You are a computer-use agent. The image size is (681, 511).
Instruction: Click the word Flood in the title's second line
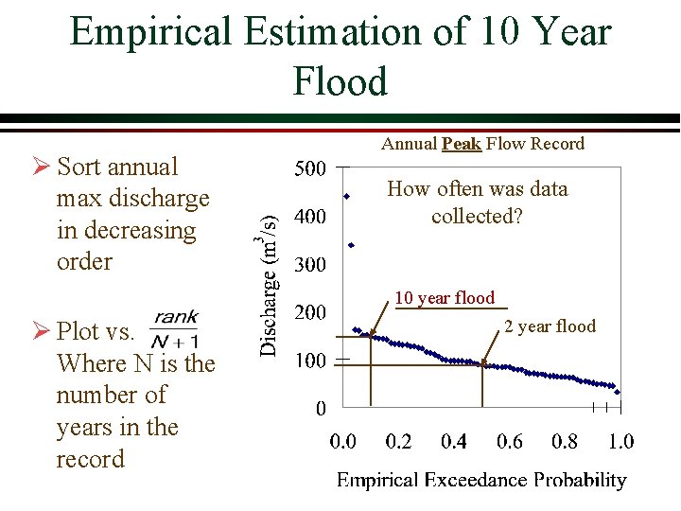tap(340, 81)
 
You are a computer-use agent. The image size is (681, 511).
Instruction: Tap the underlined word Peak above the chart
tap(461, 144)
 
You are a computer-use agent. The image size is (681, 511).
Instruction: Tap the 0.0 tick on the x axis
tap(342, 441)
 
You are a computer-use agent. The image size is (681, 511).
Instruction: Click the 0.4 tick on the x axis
tap(454, 441)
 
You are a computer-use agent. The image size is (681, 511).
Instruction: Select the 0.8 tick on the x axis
tap(565, 441)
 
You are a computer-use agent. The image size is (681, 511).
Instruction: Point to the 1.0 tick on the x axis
tap(620, 441)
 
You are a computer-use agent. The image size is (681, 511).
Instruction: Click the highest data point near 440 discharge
tap(347, 196)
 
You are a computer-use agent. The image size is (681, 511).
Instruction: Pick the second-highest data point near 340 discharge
tap(351, 245)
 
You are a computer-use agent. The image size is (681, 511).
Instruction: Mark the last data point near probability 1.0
tap(617, 391)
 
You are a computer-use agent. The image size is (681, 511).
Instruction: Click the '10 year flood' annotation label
tap(445, 298)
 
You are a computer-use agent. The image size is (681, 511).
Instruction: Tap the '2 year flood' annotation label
tap(550, 326)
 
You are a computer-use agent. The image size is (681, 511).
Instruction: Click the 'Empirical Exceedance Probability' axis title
tap(481, 481)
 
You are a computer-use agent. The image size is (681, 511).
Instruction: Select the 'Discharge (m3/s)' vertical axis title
tap(270, 284)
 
